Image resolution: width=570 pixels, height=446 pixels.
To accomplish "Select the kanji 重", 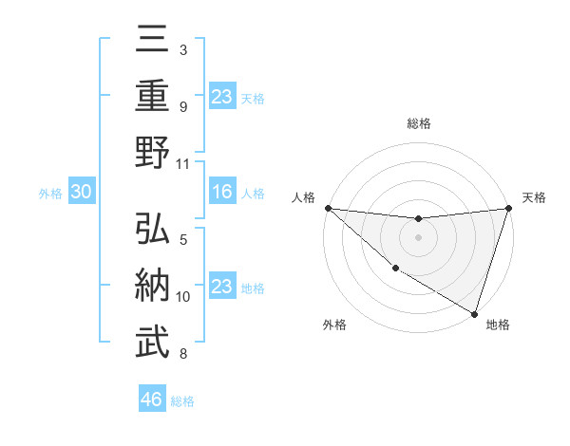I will click(153, 97).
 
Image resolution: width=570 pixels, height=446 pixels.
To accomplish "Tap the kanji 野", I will click(153, 155).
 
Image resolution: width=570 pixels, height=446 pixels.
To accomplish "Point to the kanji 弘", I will click(153, 230).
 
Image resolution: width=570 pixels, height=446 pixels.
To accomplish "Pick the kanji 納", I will click(153, 287).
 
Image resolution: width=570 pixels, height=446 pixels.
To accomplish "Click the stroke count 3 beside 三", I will click(183, 49).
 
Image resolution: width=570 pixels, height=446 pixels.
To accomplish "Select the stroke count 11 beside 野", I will click(183, 163).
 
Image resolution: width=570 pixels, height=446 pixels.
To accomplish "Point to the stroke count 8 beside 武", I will click(183, 355).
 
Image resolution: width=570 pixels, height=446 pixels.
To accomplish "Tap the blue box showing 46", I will click(152, 400).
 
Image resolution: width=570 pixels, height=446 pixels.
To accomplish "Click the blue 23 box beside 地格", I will click(221, 287).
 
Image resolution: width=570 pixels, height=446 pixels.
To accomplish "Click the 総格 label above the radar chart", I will click(419, 123).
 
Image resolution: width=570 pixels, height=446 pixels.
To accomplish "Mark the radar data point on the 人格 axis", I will click(328, 208).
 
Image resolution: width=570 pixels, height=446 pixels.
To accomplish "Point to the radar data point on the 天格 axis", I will click(508, 208).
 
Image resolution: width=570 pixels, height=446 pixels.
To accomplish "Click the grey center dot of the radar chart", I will click(418, 237).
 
